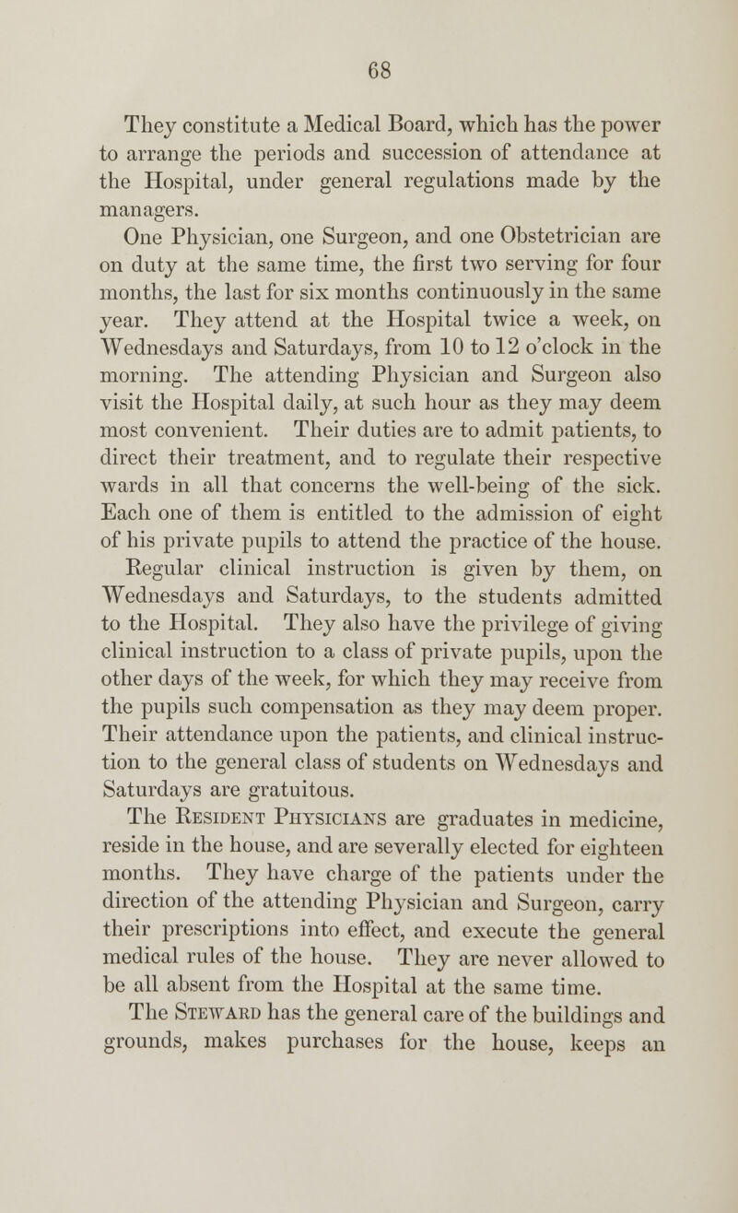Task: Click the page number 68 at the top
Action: click(x=369, y=68)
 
